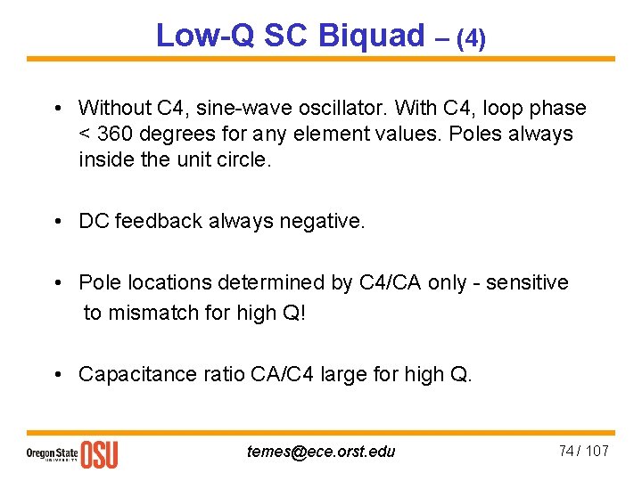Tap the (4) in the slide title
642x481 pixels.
tap(470, 38)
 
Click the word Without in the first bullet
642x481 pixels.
tap(115, 109)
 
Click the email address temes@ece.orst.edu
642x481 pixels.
tap(321, 452)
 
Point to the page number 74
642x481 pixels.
tap(566, 451)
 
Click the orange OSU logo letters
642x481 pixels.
tap(99, 454)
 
